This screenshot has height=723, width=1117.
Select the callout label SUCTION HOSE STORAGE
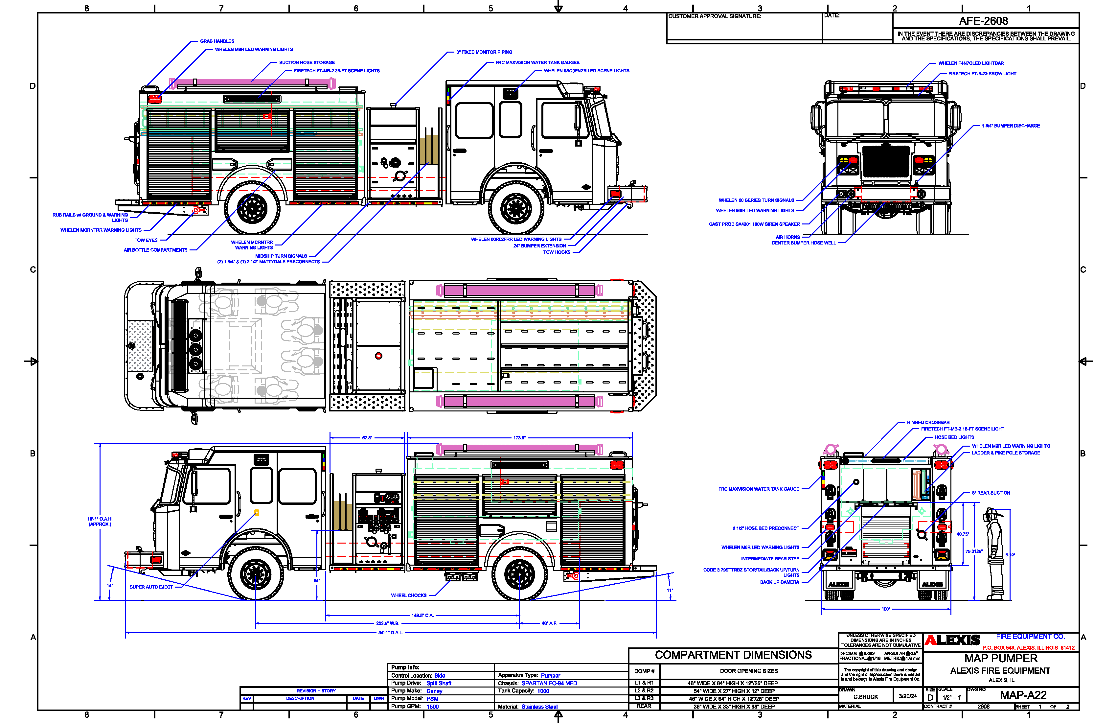click(307, 62)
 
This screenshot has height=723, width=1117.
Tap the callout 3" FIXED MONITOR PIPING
click(484, 52)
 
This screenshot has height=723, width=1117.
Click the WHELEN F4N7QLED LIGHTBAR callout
click(970, 63)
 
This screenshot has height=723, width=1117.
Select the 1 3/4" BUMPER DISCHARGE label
click(1011, 126)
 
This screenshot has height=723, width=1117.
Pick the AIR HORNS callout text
click(787, 237)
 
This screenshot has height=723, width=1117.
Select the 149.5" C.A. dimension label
click(422, 616)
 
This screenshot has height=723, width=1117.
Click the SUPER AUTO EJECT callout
click(151, 587)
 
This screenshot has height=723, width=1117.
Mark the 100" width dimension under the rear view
click(885, 609)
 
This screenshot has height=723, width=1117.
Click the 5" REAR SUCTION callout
click(991, 493)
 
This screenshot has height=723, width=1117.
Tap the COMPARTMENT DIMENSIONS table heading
click(733, 655)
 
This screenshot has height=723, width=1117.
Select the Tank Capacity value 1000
click(543, 691)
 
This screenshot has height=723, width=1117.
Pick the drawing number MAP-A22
click(1023, 695)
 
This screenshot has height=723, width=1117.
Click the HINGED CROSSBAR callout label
click(928, 423)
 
